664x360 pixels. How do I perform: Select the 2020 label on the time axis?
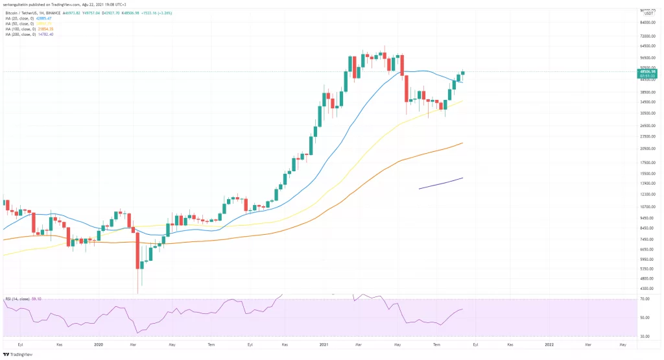pos(99,346)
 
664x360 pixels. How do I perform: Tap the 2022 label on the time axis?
pos(549,346)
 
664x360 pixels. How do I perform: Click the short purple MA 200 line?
pos(441,183)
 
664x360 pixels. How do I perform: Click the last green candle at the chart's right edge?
pos(463,72)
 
